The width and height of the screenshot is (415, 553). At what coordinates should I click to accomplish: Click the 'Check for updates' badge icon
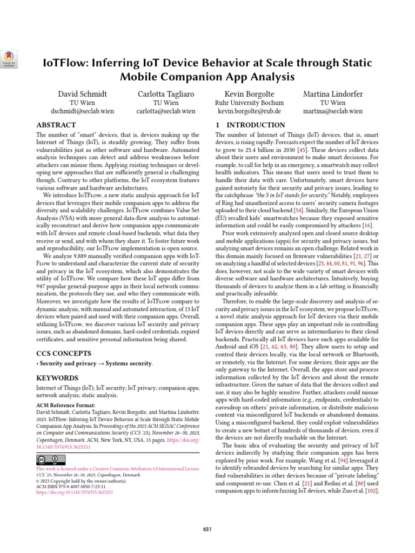(x=10, y=58)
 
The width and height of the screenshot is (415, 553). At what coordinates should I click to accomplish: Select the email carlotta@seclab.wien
(x=166, y=112)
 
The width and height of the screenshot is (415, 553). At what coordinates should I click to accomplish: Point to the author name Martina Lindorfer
(x=333, y=95)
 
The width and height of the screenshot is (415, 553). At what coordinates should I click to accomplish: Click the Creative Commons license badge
(x=47, y=460)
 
